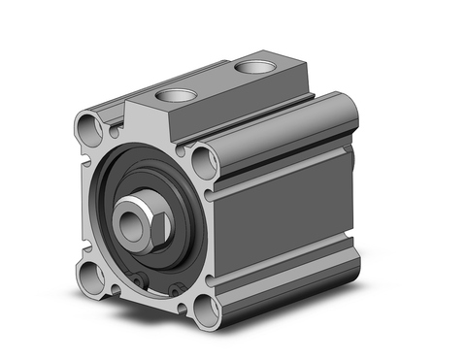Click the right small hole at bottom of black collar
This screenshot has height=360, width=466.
pos(176,289)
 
